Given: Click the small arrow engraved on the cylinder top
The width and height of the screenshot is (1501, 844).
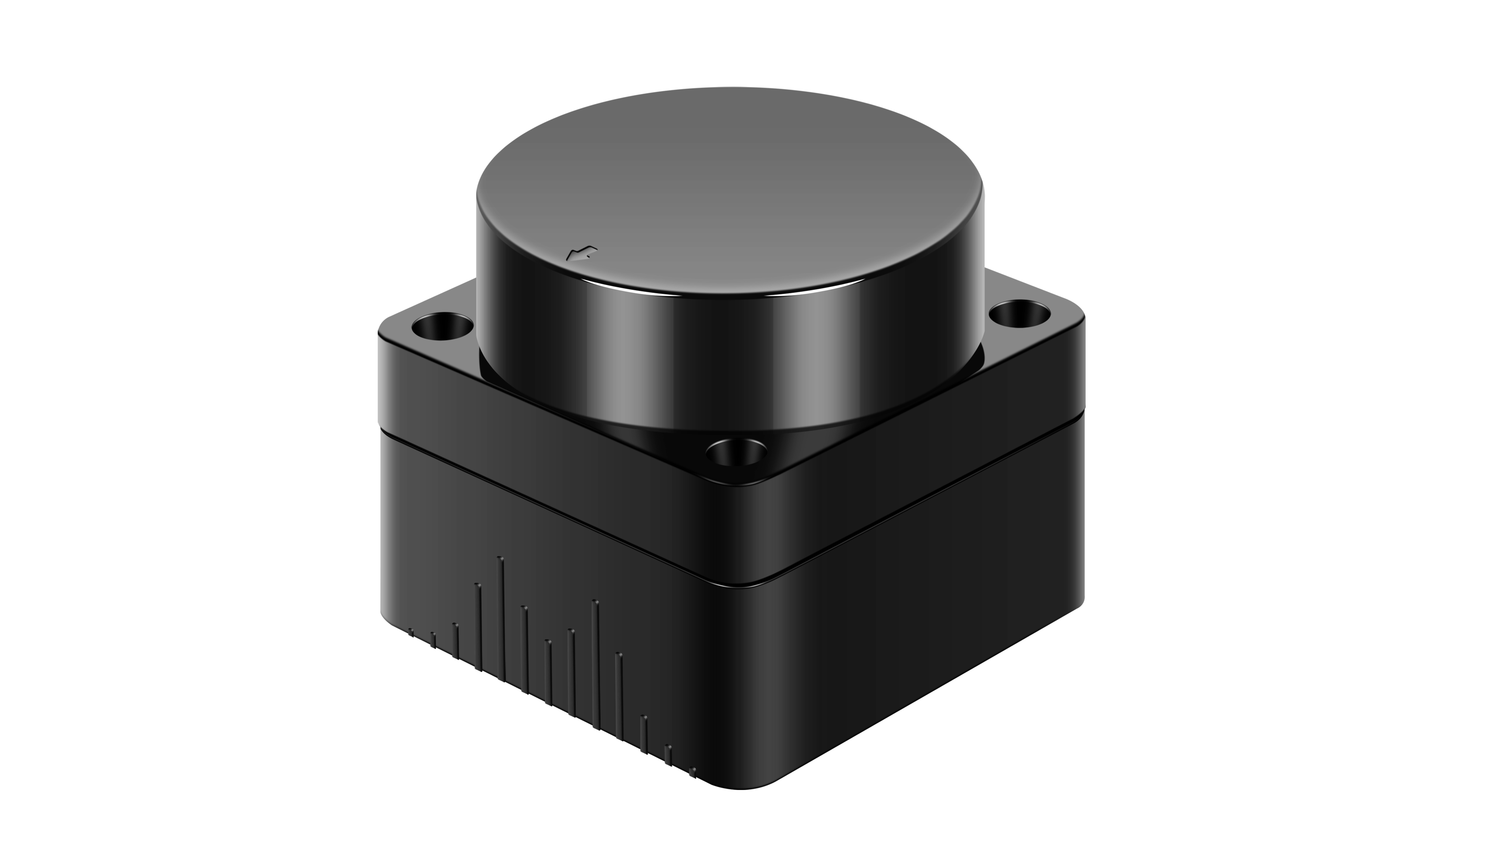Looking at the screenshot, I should pyautogui.click(x=582, y=253).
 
